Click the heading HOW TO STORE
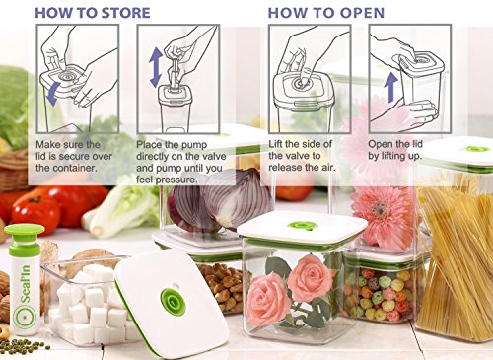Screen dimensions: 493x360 (x=93, y=13)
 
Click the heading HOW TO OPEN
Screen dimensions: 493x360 (x=326, y=13)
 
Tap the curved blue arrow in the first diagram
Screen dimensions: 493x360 (x=52, y=94)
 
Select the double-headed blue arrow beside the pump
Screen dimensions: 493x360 (x=156, y=67)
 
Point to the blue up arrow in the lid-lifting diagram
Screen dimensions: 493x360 (x=391, y=87)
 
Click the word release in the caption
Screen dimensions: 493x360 (x=285, y=167)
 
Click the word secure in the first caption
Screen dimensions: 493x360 (x=95, y=156)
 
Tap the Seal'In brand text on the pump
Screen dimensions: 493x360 (x=25, y=284)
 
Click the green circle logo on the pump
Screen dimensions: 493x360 (x=24, y=318)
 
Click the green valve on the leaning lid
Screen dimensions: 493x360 (x=173, y=302)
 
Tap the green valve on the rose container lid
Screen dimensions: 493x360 (x=302, y=225)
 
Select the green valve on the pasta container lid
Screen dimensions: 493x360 (x=475, y=149)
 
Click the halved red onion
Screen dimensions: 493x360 (x=220, y=199)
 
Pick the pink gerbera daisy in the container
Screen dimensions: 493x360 (x=383, y=214)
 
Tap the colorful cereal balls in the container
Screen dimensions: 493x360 (x=382, y=294)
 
